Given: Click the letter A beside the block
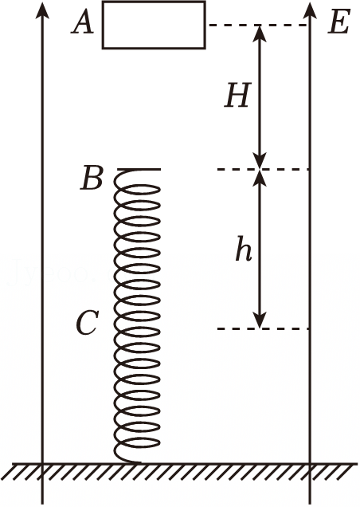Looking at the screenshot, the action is [x=83, y=24].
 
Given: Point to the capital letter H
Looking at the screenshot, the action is [x=238, y=95].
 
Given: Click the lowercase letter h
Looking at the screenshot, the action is [x=244, y=249].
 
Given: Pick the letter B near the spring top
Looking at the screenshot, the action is [x=92, y=178].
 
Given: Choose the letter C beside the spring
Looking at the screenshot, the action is [x=86, y=323].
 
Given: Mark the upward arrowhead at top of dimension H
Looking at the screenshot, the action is [x=260, y=33].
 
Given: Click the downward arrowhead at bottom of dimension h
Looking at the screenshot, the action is [x=260, y=320].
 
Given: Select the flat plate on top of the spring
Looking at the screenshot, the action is [x=139, y=169].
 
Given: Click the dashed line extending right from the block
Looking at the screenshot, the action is [x=258, y=25].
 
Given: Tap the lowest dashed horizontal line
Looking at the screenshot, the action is [x=264, y=329].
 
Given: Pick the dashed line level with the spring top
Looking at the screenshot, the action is [x=264, y=169].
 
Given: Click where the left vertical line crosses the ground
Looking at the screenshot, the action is [x=42, y=464].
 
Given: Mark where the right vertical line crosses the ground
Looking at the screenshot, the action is [x=311, y=464].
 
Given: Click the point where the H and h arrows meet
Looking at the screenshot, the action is [x=260, y=169].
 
